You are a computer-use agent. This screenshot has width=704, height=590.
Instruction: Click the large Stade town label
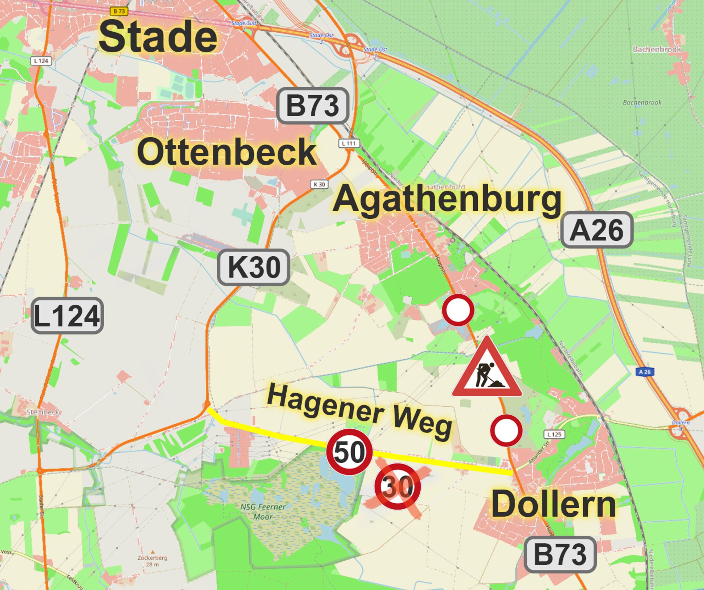tap(158, 36)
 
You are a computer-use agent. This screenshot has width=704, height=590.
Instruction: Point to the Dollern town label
tap(553, 504)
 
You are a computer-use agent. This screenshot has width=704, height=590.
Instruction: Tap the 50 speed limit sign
tap(349, 452)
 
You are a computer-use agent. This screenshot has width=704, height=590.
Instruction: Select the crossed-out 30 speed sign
tap(397, 487)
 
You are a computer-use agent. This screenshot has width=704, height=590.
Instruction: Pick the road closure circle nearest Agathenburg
tap(458, 310)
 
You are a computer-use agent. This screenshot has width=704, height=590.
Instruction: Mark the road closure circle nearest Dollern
tap(506, 430)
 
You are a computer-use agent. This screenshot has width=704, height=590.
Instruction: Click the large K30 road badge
tap(254, 267)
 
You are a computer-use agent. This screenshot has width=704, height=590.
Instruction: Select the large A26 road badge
tap(597, 230)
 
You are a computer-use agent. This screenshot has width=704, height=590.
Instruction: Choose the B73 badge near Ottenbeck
tap(312, 106)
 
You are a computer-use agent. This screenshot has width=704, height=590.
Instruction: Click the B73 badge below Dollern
tap(560, 555)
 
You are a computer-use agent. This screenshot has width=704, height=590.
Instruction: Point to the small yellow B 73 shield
tap(119, 11)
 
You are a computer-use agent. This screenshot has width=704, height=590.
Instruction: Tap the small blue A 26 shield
tap(645, 372)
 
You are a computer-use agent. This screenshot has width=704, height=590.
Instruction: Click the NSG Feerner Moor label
tap(263, 512)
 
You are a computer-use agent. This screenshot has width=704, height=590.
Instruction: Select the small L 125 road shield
tap(554, 434)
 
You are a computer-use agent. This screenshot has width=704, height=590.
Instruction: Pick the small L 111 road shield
tap(349, 143)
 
